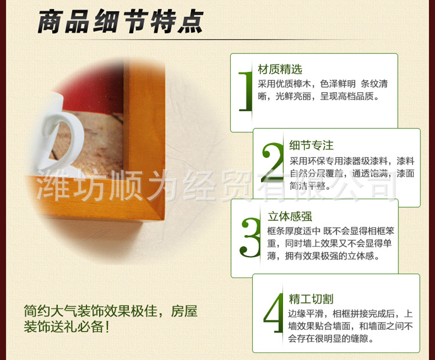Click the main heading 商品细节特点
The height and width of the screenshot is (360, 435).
coord(121,21)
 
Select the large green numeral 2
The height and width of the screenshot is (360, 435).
coord(273,162)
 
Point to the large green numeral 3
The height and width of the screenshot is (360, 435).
coord(250,237)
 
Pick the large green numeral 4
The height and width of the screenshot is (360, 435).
coord(274,313)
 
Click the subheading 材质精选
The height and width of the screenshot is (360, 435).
coord(280,70)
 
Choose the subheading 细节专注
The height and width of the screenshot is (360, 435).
coord(311,145)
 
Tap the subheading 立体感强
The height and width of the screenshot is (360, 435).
coord(290,217)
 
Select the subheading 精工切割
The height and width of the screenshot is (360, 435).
coord(311,299)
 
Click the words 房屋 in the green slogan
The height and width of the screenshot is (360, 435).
coord(184,311)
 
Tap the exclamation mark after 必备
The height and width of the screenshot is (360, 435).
coord(107,327)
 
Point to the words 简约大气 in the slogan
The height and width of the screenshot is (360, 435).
coord(50,311)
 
